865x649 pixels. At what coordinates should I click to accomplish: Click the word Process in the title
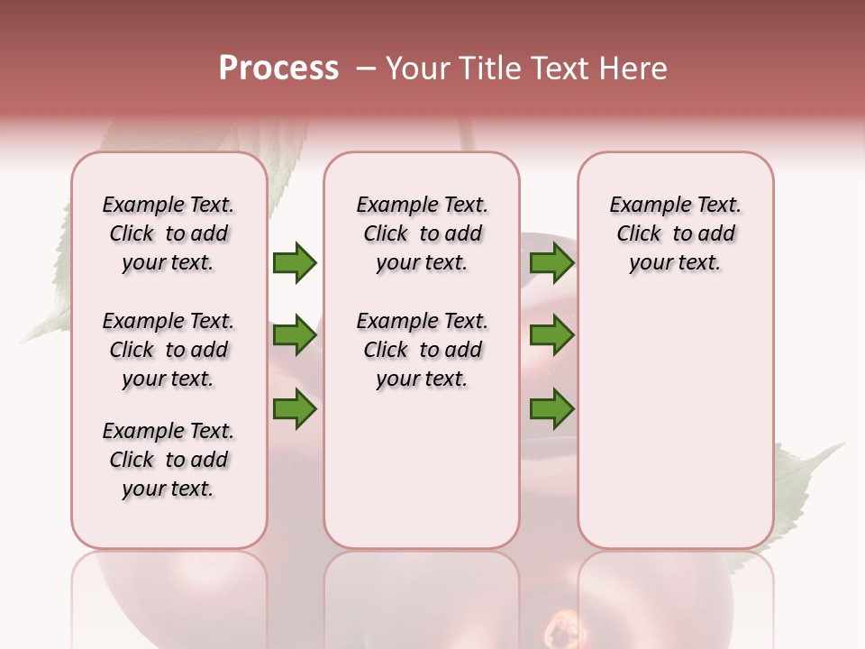[x=278, y=68]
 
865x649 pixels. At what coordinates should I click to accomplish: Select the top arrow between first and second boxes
[x=295, y=262]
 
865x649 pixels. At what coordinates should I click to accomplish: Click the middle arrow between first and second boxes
[x=295, y=335]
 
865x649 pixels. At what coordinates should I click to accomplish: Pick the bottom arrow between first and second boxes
[x=295, y=408]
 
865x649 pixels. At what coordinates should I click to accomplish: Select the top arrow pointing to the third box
[x=551, y=262]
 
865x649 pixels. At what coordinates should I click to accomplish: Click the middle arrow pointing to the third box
[x=551, y=335]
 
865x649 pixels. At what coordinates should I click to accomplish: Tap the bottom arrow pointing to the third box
[x=551, y=408]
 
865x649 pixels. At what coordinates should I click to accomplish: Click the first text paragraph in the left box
[x=168, y=233]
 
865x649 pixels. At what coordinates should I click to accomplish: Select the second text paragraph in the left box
[x=168, y=350]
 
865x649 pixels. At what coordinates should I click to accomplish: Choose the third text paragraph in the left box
[x=168, y=460]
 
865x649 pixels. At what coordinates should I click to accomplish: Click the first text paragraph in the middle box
[x=422, y=233]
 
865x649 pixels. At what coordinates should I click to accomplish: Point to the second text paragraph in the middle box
[x=422, y=350]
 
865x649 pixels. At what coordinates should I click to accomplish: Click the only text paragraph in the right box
[x=675, y=233]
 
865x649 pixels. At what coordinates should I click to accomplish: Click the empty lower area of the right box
[x=675, y=433]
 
